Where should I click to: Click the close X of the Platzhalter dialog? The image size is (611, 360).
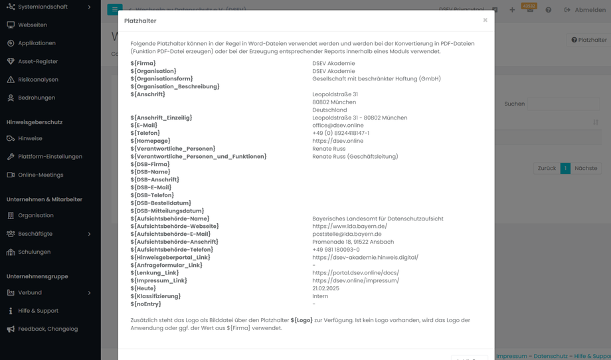[x=485, y=20]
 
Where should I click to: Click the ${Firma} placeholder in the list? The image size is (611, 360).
[x=143, y=64]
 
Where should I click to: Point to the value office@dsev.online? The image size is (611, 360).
[x=338, y=126]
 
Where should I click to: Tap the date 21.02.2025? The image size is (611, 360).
[x=325, y=289]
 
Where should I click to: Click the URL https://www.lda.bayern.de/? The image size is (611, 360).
[x=349, y=226]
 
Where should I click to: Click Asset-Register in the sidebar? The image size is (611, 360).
[x=38, y=61]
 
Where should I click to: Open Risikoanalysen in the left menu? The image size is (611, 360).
[x=38, y=80]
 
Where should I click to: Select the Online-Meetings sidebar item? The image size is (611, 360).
[x=41, y=175]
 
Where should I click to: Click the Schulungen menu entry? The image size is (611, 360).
[x=35, y=252]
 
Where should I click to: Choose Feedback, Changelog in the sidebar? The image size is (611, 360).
[x=48, y=329]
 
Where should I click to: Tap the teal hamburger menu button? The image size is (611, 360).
[x=114, y=10]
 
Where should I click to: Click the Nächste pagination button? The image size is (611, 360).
[x=586, y=169]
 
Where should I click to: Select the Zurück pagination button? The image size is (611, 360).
[x=547, y=169]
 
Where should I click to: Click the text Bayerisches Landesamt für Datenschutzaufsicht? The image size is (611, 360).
[x=377, y=219]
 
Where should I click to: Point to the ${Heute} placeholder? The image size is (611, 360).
[x=143, y=289]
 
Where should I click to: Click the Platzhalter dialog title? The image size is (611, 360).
[x=140, y=21]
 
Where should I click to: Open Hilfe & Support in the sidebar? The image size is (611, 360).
[x=39, y=311]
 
